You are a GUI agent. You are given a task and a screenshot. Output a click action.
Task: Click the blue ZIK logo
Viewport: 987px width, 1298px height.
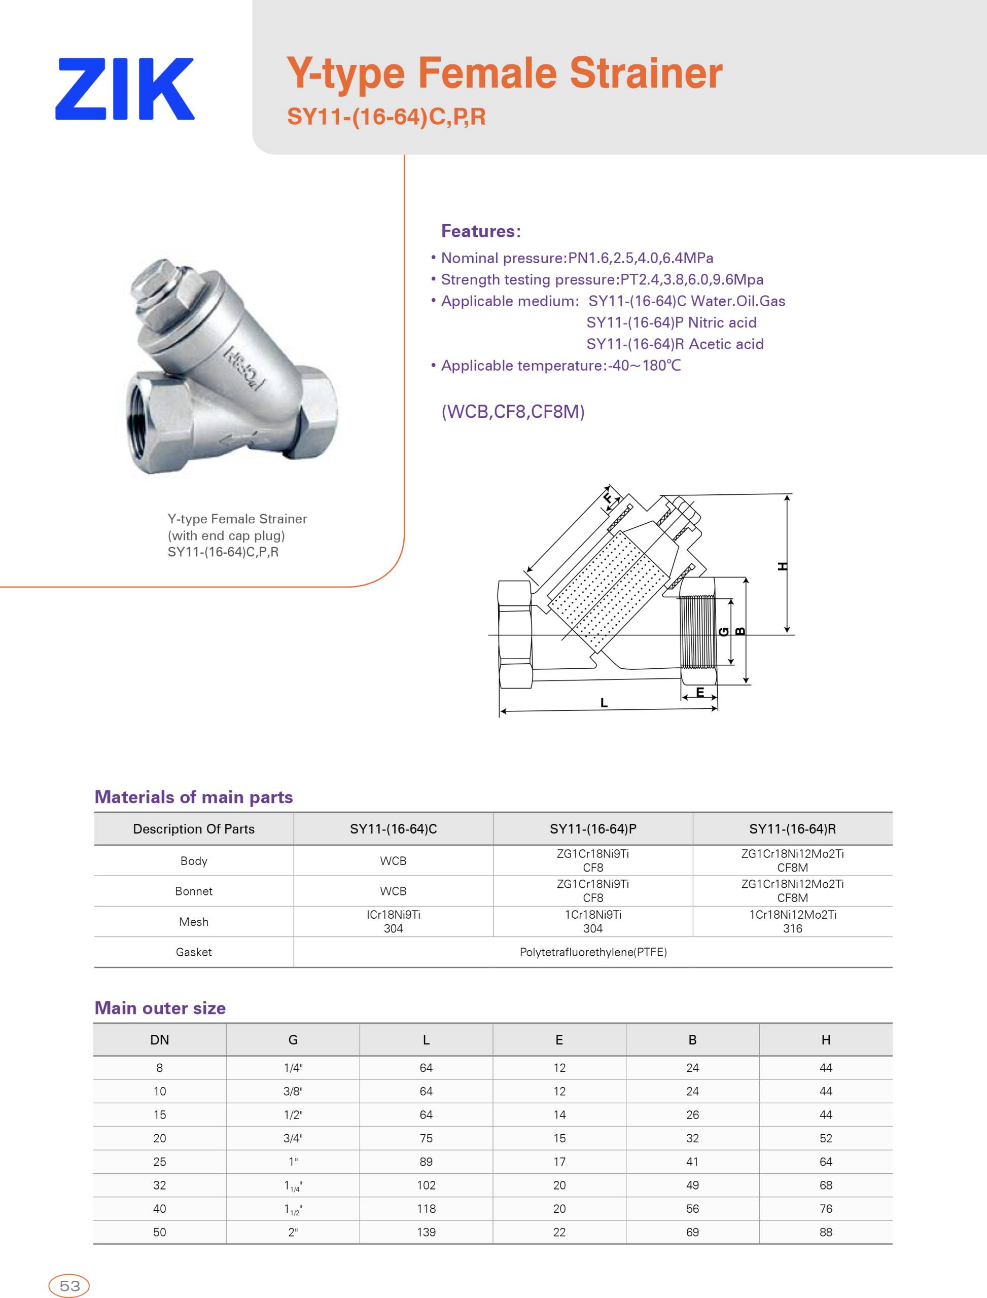(x=125, y=89)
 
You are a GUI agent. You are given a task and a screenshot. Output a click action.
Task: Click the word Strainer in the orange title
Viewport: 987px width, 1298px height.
(x=646, y=74)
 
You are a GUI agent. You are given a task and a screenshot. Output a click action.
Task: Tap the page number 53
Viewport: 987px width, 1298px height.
(x=69, y=1286)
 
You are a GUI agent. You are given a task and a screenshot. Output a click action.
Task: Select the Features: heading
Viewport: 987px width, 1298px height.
(x=481, y=231)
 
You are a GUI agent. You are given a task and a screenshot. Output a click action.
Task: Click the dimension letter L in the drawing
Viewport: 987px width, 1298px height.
(x=604, y=702)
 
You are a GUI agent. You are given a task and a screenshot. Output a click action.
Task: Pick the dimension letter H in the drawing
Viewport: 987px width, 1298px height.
(x=782, y=566)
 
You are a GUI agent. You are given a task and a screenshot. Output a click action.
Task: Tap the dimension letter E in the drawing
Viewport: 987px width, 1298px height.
(x=700, y=693)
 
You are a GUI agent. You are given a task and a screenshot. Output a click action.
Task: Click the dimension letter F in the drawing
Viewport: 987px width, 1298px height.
(x=609, y=498)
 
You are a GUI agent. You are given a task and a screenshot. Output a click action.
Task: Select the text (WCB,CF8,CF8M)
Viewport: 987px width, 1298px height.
(x=513, y=412)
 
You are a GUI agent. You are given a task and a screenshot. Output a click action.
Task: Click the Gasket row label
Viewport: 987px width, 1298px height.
(x=193, y=952)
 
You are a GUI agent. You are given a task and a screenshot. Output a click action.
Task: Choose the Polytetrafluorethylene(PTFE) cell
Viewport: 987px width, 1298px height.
(x=593, y=952)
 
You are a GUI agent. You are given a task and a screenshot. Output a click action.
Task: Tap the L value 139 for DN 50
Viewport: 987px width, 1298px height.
(x=426, y=1232)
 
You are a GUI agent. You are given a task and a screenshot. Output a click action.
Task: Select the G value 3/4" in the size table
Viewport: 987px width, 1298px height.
(x=293, y=1138)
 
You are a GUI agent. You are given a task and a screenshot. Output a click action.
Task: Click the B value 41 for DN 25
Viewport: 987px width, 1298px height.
(x=692, y=1162)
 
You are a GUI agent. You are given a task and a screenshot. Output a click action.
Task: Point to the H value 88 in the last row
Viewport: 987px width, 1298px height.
(x=825, y=1232)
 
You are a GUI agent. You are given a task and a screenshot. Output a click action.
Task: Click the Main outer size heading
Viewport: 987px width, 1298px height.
(x=160, y=1008)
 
